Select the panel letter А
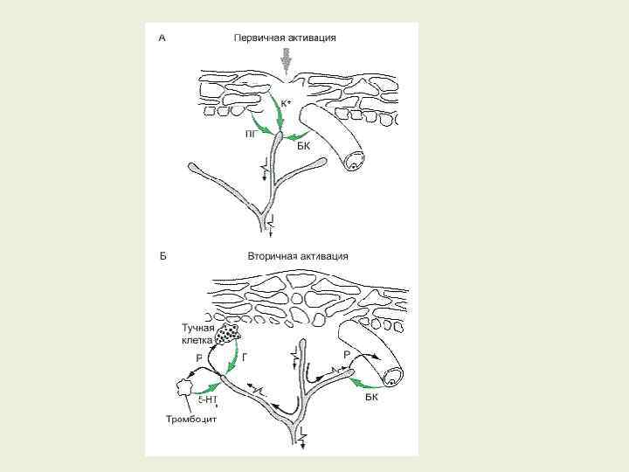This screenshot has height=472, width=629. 162,38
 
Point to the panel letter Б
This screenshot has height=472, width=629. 162,256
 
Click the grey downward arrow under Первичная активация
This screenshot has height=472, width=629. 284,61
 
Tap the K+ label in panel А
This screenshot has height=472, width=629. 286,102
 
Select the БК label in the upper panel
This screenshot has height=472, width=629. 304,146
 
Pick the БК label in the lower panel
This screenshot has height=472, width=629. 372,395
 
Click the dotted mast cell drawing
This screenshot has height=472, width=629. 229,334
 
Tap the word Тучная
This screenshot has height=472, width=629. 198,327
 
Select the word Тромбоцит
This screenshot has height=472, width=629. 191,419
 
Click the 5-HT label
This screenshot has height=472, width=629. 208,399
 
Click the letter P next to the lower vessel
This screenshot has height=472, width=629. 347,353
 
